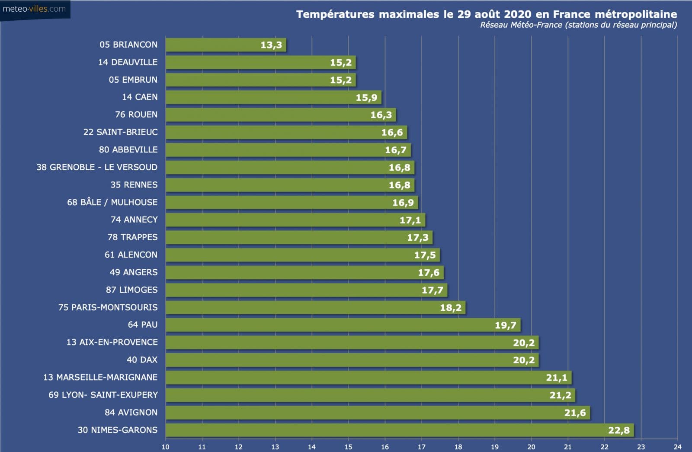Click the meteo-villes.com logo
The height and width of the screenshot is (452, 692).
pyautogui.click(x=34, y=9)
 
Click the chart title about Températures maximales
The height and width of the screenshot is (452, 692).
pyautogui.click(x=486, y=14)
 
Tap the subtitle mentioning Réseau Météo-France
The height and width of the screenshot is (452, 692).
pyautogui.click(x=578, y=25)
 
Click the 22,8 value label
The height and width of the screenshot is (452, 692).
pyautogui.click(x=618, y=430)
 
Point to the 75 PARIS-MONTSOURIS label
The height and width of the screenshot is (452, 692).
pyautogui.click(x=108, y=307)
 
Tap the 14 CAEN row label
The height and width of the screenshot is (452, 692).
pyautogui.click(x=140, y=97)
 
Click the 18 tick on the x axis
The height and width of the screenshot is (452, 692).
pyautogui.click(x=458, y=447)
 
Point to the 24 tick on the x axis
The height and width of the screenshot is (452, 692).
pyautogui.click(x=677, y=447)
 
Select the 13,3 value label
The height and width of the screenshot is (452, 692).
pyautogui.click(x=271, y=45)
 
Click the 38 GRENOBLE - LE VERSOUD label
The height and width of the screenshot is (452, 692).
pyautogui.click(x=97, y=167)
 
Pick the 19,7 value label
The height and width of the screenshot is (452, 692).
pyautogui.click(x=505, y=325)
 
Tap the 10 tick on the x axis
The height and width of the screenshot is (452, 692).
pyautogui.click(x=166, y=447)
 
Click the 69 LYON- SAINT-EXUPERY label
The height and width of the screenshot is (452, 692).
pyautogui.click(x=103, y=395)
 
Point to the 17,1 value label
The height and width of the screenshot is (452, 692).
pyautogui.click(x=410, y=220)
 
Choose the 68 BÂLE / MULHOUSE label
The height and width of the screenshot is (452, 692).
pyautogui.click(x=112, y=202)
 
